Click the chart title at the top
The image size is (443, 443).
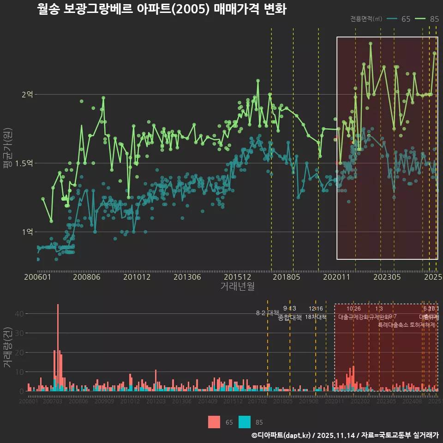click(162, 9)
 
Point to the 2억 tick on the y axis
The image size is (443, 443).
click(27, 94)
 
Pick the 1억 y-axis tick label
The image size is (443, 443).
click(27, 232)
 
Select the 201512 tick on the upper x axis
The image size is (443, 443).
click(237, 277)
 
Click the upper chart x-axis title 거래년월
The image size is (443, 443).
click(237, 287)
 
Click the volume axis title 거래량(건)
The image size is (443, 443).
click(7, 347)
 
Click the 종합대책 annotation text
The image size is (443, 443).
click(290, 317)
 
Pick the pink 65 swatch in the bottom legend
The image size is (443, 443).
click(214, 422)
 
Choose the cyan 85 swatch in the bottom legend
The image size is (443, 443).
click(245, 422)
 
